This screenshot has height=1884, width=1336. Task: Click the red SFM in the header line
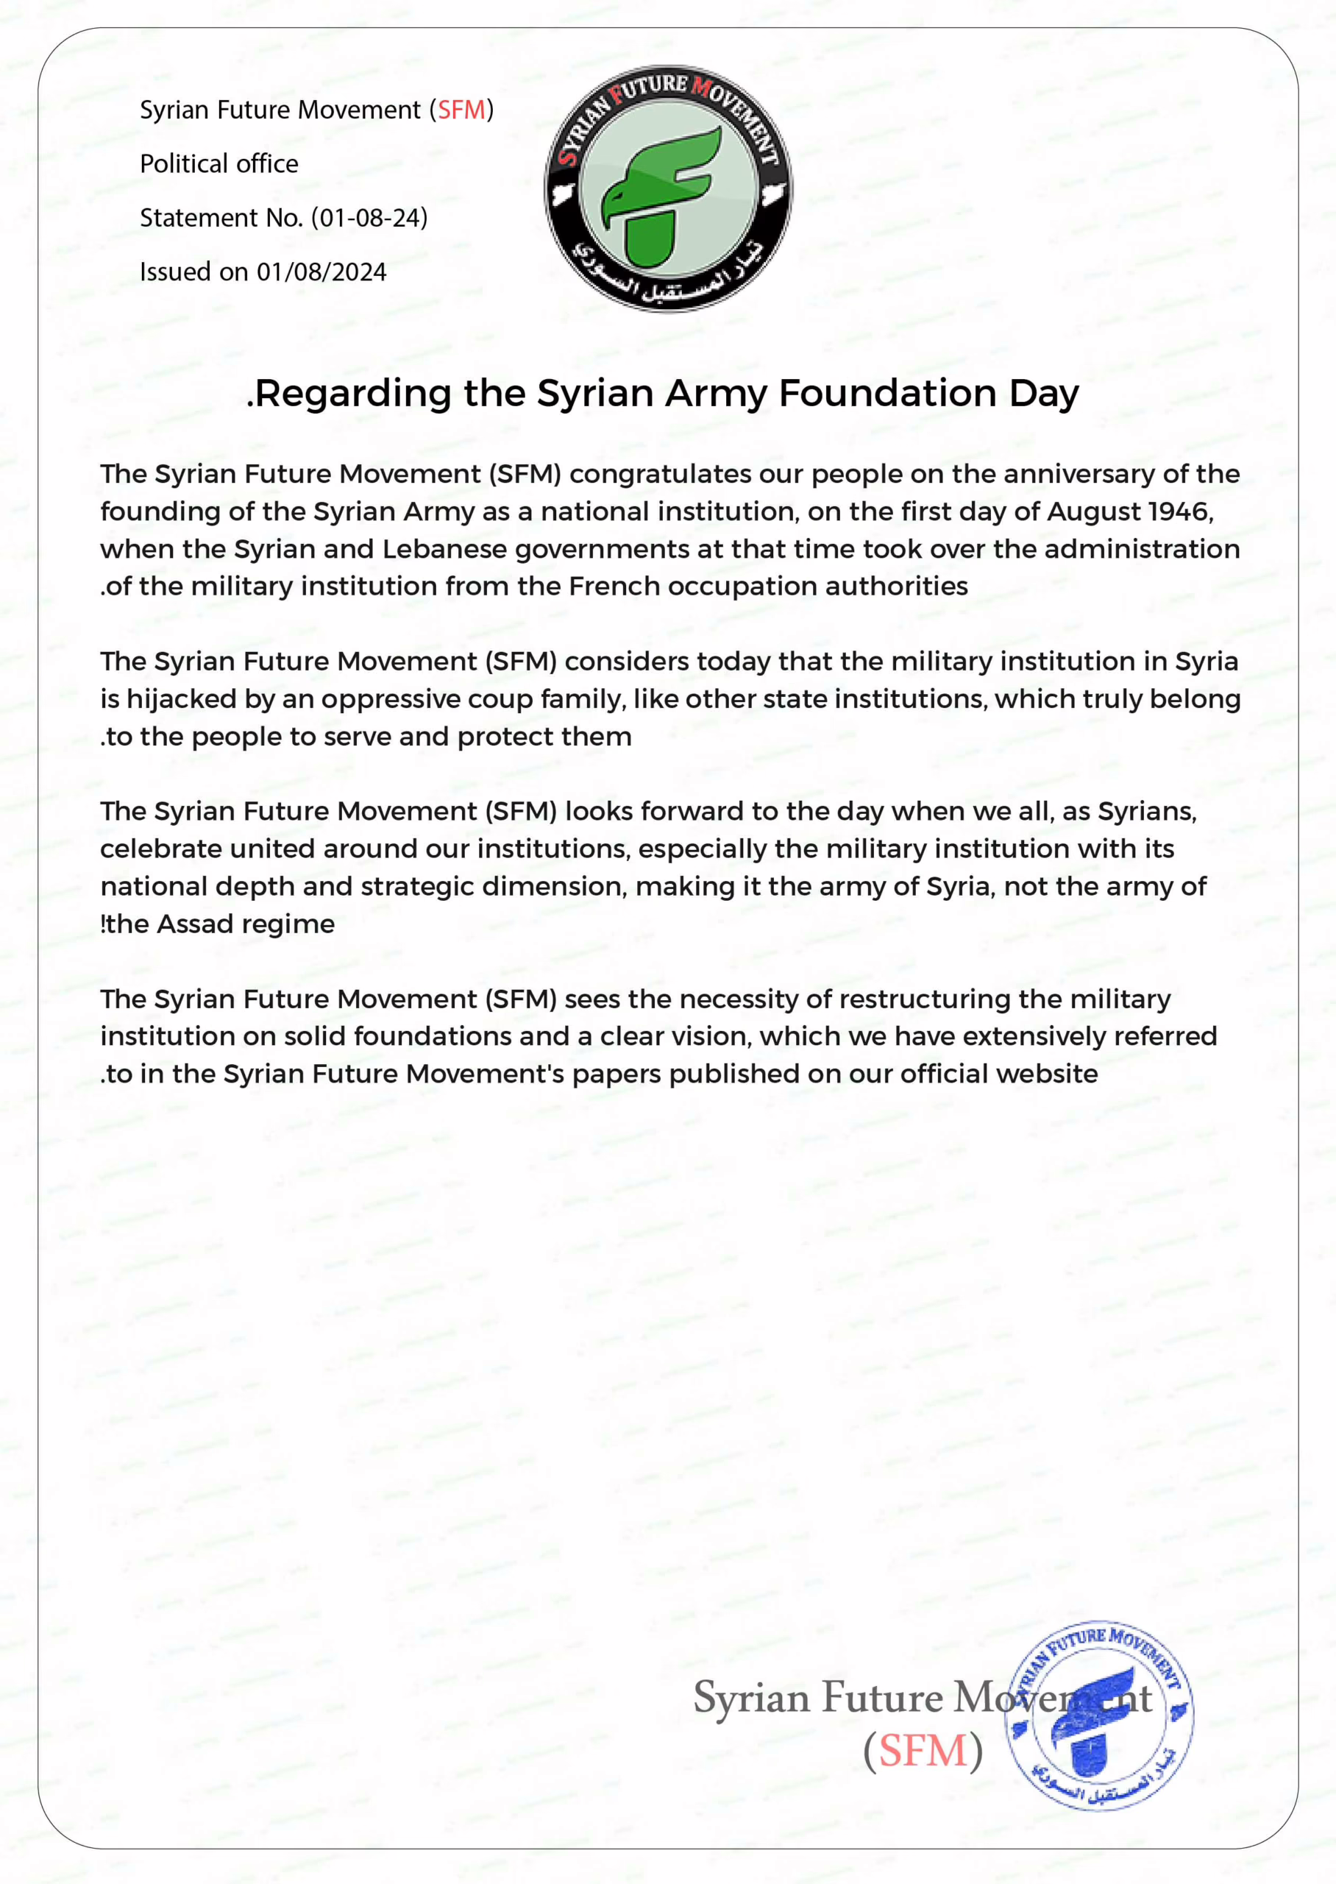coord(461,110)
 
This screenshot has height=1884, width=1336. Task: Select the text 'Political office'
coord(218,163)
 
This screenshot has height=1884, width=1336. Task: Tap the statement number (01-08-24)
coord(369,218)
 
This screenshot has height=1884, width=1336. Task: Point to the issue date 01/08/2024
coord(321,272)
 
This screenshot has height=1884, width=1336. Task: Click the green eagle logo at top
coord(668,189)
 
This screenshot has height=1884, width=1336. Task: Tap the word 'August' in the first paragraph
coord(1092,511)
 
